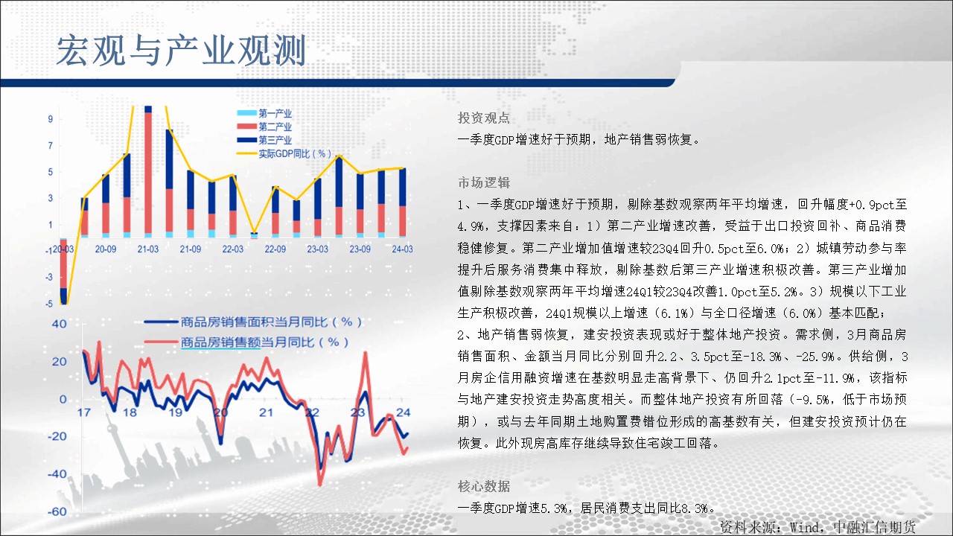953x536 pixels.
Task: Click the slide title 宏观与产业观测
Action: click(181, 51)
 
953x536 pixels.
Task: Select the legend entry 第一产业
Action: click(264, 113)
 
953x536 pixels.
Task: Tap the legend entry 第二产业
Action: click(264, 127)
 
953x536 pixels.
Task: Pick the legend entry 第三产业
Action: click(264, 139)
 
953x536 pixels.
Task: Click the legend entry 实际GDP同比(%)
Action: click(284, 153)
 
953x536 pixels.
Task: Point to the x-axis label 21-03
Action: click(148, 249)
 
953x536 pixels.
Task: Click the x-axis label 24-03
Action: click(402, 249)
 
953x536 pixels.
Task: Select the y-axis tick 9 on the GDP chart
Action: click(51, 119)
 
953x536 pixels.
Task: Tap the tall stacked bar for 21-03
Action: click(148, 171)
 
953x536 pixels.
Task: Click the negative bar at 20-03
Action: click(63, 271)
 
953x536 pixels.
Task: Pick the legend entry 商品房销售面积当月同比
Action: click(253, 322)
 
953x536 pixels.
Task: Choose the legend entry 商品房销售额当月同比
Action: click(246, 342)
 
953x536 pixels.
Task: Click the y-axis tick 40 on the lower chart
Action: click(59, 324)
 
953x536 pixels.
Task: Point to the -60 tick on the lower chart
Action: click(57, 511)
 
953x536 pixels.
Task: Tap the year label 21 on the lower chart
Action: click(266, 412)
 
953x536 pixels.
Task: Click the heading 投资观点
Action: click(484, 118)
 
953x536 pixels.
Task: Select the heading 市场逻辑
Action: click(484, 182)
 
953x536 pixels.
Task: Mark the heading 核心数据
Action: click(484, 486)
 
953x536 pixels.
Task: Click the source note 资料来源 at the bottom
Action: click(817, 528)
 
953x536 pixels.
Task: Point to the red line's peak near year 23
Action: click(365, 353)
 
